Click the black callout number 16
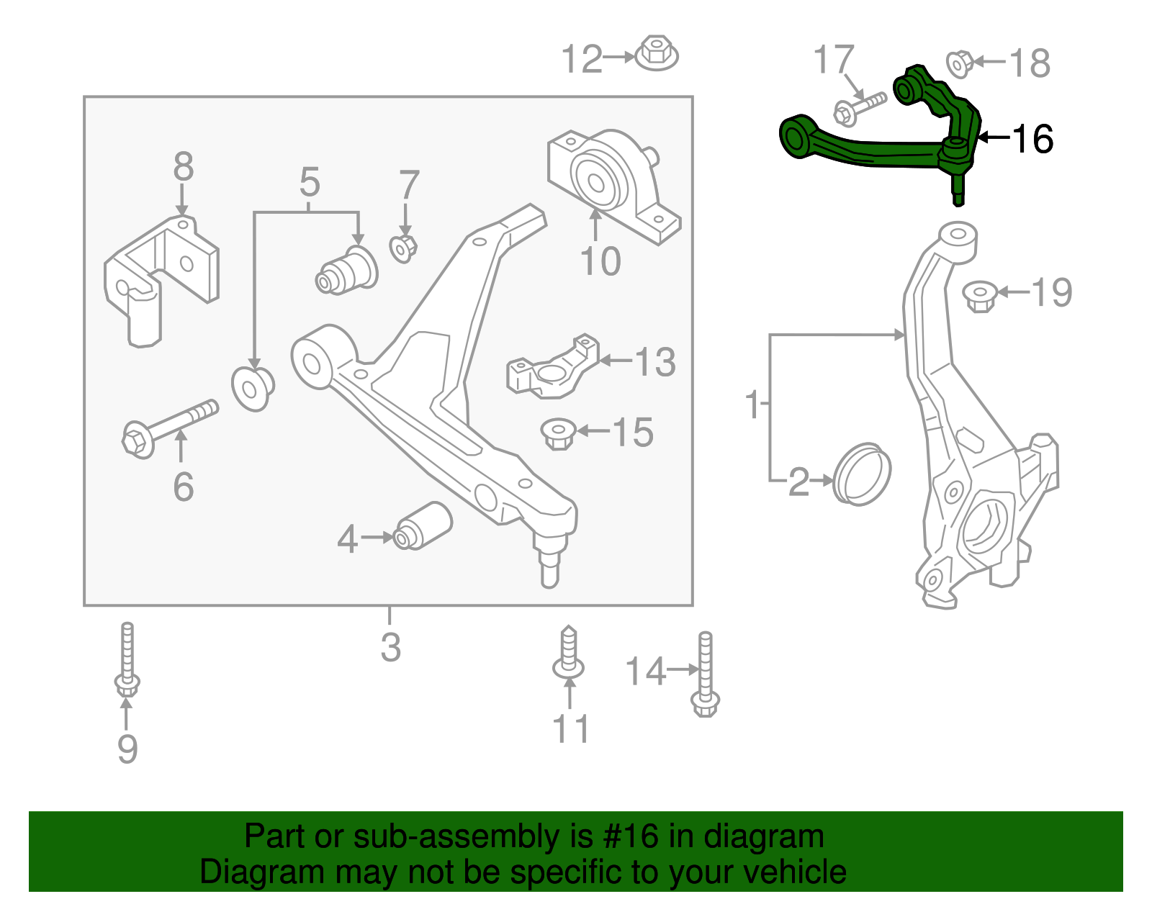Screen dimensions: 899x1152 pos(1032,139)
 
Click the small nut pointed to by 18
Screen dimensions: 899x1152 pos(959,63)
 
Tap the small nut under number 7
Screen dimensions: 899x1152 pos(403,248)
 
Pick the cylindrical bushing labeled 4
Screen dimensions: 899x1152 pos(423,525)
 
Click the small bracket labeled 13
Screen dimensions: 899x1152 pos(553,368)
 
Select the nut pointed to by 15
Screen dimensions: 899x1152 pos(558,433)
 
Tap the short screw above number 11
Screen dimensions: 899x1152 pos(568,654)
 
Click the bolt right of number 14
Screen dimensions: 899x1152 pos(705,674)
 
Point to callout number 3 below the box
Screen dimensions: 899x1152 pos(390,647)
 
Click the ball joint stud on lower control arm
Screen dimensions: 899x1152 pos(549,561)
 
